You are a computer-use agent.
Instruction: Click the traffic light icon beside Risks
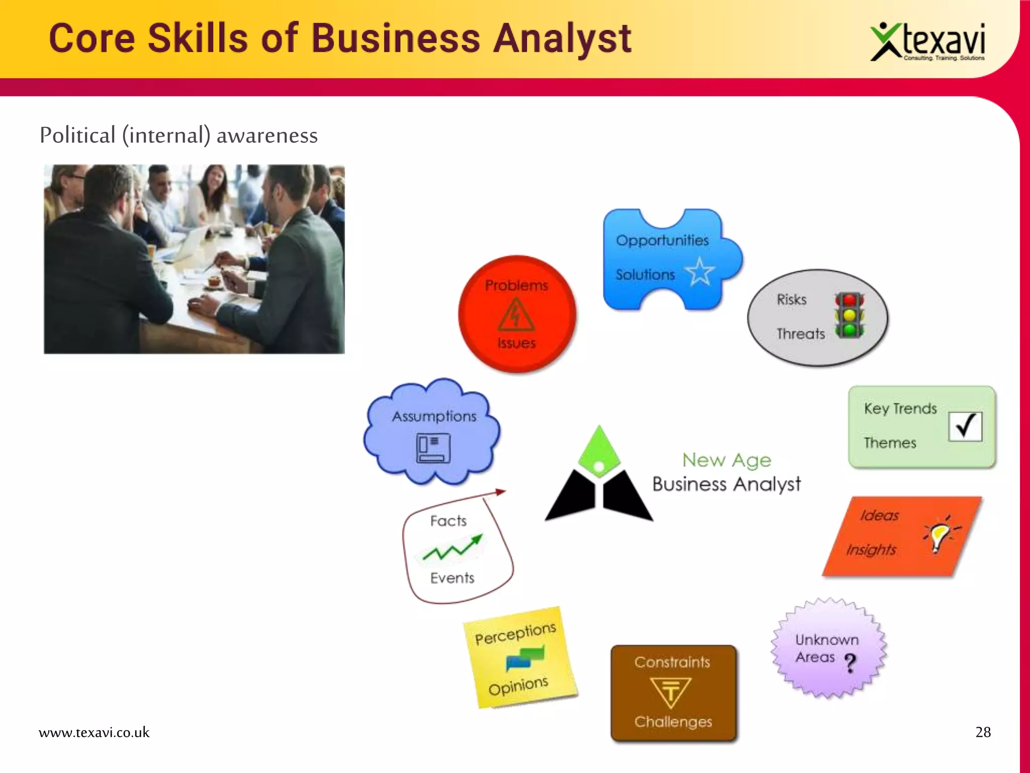click(849, 316)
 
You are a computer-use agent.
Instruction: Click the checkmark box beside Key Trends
click(965, 426)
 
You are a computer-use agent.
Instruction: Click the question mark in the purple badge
click(850, 663)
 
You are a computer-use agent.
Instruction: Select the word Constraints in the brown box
click(672, 662)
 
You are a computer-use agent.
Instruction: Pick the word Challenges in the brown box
click(673, 722)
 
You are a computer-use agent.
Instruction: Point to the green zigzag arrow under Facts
click(452, 549)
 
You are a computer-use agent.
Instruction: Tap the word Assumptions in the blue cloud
click(434, 417)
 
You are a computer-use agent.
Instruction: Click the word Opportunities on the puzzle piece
click(662, 241)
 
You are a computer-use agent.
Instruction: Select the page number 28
click(983, 732)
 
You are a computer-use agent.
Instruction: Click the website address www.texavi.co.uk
click(94, 732)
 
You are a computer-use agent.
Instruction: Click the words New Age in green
click(726, 460)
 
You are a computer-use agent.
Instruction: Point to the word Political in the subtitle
click(77, 135)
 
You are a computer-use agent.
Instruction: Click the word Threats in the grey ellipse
click(800, 334)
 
